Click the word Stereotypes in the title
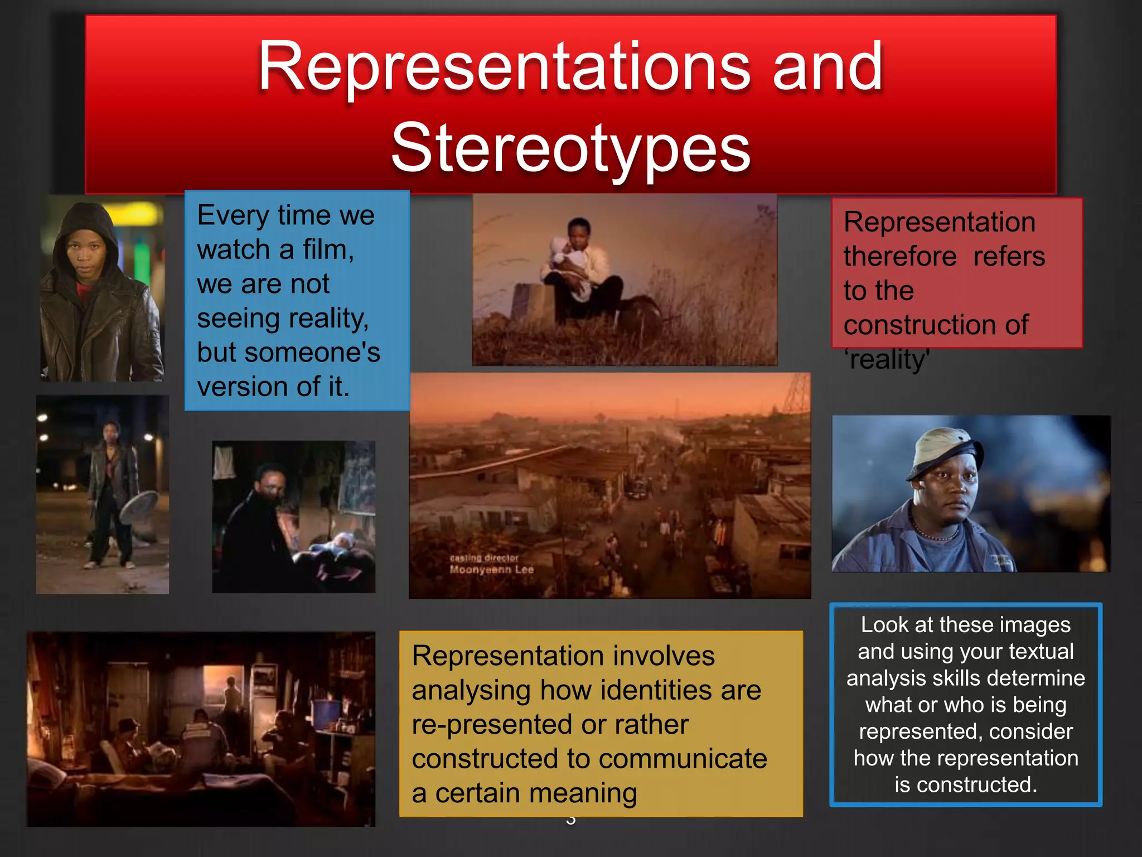click(570, 148)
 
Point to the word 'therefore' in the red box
click(899, 257)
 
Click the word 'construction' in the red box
click(915, 325)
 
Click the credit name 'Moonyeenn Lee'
click(491, 570)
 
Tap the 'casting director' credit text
click(484, 558)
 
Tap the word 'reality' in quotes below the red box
click(888, 359)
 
